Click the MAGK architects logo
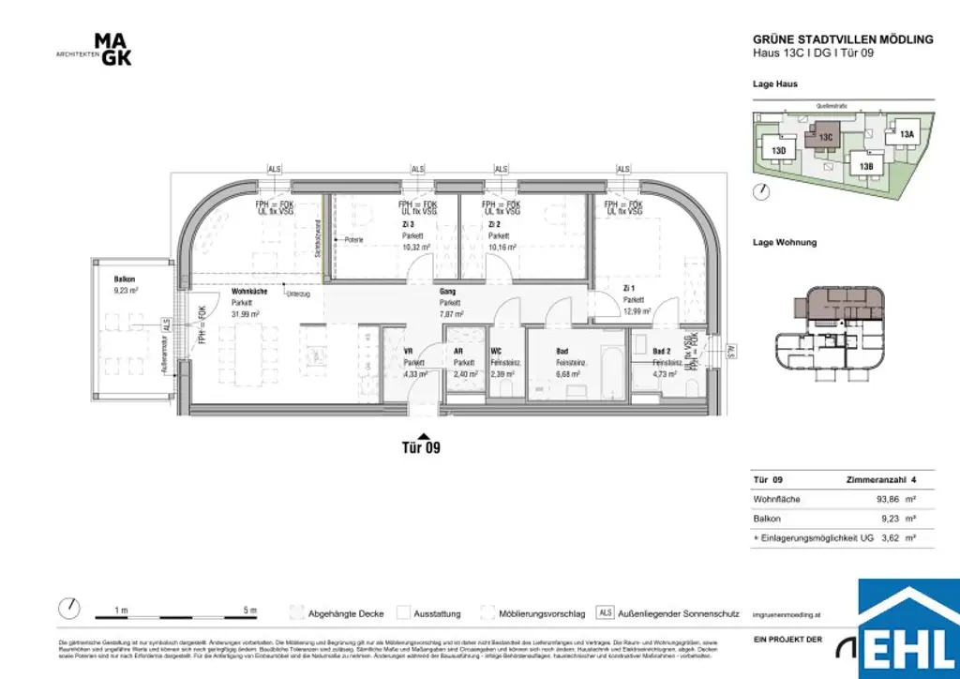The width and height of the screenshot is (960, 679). pos(112,50)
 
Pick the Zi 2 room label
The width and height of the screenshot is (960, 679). pos(494,225)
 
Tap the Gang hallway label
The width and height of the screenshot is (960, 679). pos(447,292)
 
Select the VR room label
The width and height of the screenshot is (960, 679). pos(408,351)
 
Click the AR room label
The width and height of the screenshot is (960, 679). pos(458,351)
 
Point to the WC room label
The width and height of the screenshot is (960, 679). pos(497,351)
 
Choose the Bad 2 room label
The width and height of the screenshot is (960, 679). pos(661,351)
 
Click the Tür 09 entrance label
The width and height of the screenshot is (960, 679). pos(414,447)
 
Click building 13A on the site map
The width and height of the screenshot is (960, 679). pos(906,135)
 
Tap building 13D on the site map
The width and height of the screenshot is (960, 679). pos(778,150)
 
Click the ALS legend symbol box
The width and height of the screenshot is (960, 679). pos(606,613)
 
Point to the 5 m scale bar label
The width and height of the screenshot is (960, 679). pos(248,611)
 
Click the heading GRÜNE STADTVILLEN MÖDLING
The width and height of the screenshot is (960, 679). pos(843,39)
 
